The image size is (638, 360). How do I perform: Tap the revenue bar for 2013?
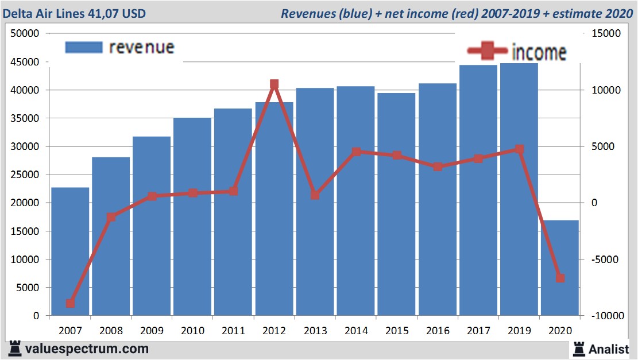pos(315,253)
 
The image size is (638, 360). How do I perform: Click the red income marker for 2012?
pos(274,84)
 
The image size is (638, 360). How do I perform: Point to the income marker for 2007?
pos(70,303)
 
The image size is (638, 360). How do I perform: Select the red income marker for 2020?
pos(560,278)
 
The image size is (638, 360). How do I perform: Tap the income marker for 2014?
pos(356,152)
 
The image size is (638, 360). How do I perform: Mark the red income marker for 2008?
pos(111,217)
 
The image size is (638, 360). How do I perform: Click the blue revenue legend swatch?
pos(84,47)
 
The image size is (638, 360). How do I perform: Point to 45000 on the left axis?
pos(25,62)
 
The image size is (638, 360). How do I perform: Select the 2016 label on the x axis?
pos(438,331)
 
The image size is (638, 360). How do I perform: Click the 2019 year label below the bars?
pos(519,331)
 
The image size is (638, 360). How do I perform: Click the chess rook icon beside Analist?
pos(578,348)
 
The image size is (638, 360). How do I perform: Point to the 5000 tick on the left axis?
pos(28,288)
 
